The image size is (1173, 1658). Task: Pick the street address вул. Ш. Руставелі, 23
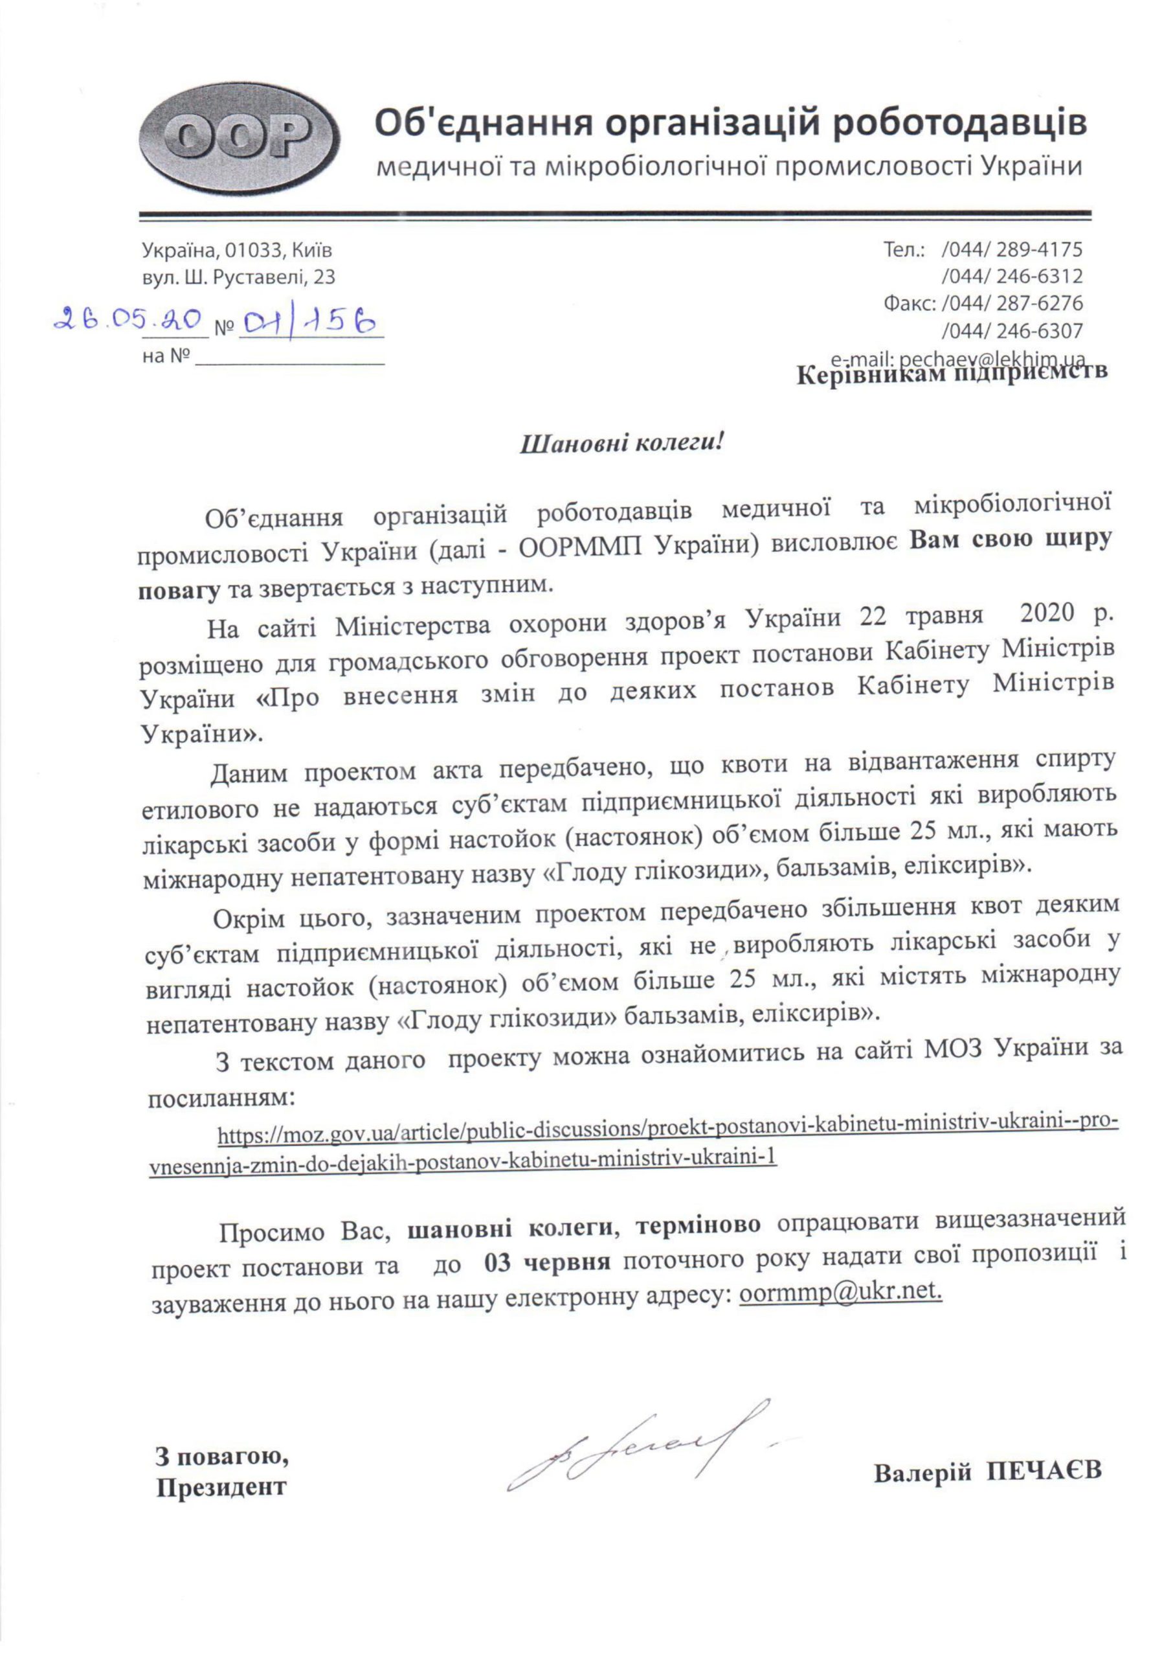pos(239,277)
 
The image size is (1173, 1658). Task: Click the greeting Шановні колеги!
pos(621,442)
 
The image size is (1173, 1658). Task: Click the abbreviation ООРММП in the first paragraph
pos(581,544)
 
